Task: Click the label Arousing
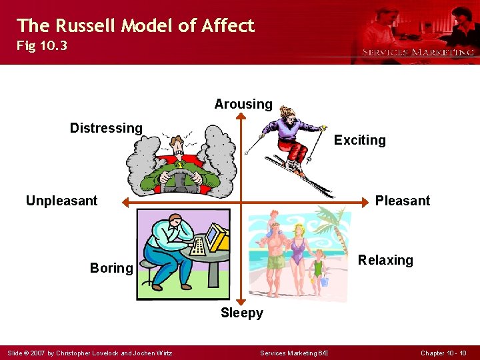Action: click(x=243, y=104)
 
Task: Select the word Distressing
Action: click(x=106, y=128)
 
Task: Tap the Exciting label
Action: click(x=359, y=140)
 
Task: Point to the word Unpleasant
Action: click(x=61, y=201)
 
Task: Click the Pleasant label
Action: click(x=402, y=201)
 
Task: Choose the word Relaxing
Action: click(x=385, y=260)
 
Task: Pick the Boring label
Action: click(x=111, y=268)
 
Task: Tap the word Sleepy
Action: click(x=242, y=313)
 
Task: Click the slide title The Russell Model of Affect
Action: click(x=135, y=25)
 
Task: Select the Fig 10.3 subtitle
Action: click(x=42, y=47)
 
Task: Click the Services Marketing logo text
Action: click(x=418, y=52)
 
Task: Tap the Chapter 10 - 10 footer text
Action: click(x=444, y=353)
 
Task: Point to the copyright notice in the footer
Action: click(x=89, y=353)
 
